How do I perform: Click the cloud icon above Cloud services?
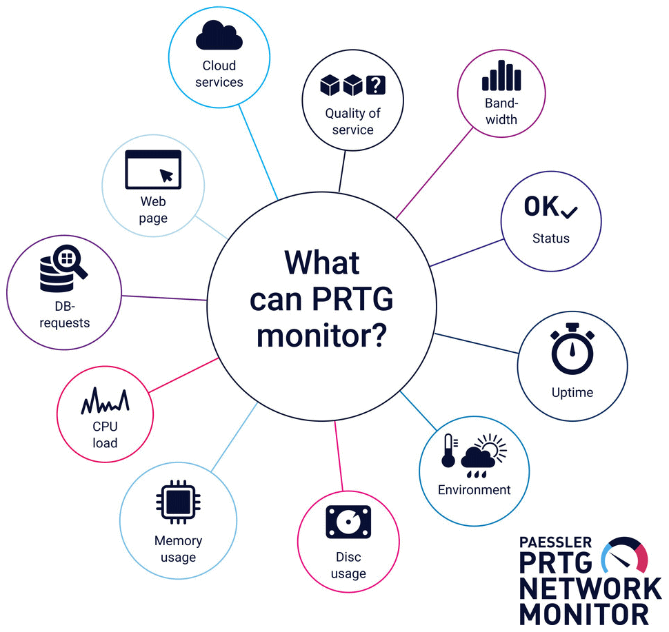coord(219,36)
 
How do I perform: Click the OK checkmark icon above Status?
coord(550,207)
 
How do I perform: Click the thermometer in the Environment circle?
coord(449,451)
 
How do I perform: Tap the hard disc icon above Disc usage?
coord(348,522)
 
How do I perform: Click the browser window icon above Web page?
coord(152,170)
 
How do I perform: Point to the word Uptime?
coord(572,393)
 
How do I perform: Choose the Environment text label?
coord(475,490)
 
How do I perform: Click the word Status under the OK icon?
coord(550,238)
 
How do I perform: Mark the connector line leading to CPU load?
coord(183,376)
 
